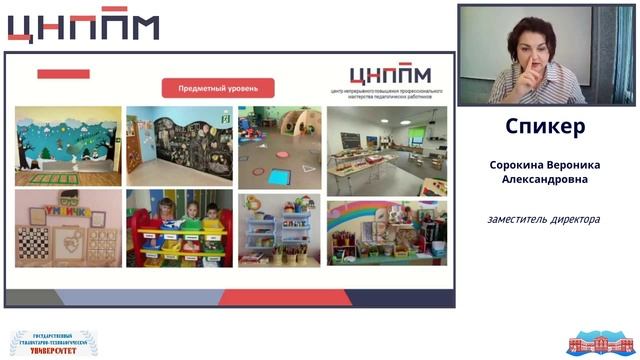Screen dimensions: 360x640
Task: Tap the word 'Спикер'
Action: tap(545, 127)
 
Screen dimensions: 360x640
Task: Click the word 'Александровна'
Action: tap(545, 180)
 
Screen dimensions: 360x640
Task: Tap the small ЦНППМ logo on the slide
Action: tap(390, 75)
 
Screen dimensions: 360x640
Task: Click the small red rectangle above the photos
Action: tap(63, 74)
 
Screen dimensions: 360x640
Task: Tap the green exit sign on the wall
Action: tap(227, 118)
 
